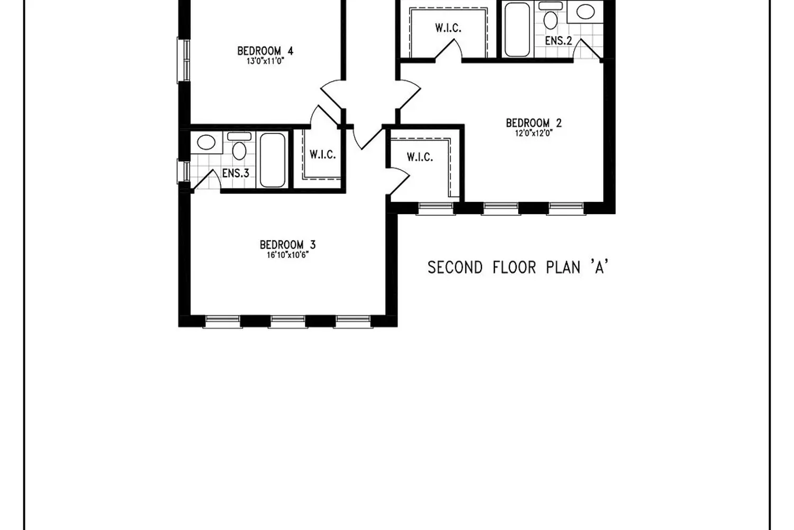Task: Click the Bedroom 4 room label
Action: (x=265, y=51)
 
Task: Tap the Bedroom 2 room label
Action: (x=534, y=123)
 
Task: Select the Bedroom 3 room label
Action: (x=287, y=245)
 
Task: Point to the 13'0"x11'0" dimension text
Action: (x=266, y=61)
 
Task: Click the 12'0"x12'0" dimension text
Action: (x=534, y=133)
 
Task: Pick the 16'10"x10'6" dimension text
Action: (x=288, y=255)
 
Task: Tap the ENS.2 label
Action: (x=558, y=41)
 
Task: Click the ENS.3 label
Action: (x=236, y=173)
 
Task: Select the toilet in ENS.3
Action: (x=239, y=146)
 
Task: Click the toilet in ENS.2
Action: (x=551, y=15)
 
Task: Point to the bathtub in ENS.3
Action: (x=273, y=160)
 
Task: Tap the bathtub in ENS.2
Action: (x=517, y=29)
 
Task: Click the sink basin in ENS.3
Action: (x=206, y=143)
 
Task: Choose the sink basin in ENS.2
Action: (x=585, y=12)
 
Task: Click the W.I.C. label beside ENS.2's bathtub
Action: (x=448, y=28)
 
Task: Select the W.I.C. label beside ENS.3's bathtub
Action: (x=322, y=154)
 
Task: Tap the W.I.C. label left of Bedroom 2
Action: (x=420, y=157)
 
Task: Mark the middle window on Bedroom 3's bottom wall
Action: (x=288, y=322)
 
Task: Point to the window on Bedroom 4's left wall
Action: (x=184, y=61)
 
